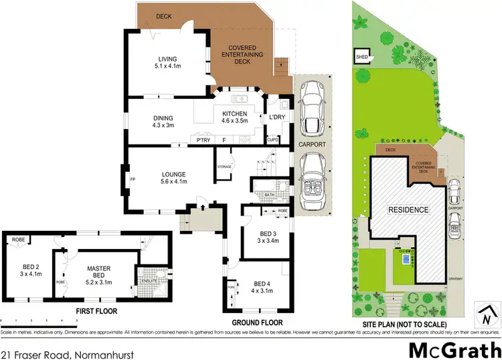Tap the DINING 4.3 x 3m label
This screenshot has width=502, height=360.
163,121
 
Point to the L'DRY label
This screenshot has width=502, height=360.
277,118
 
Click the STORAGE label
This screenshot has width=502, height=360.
224,167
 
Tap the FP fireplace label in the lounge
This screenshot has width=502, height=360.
133,179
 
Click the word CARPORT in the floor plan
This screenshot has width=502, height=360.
312,144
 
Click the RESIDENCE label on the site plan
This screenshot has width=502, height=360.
408,209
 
